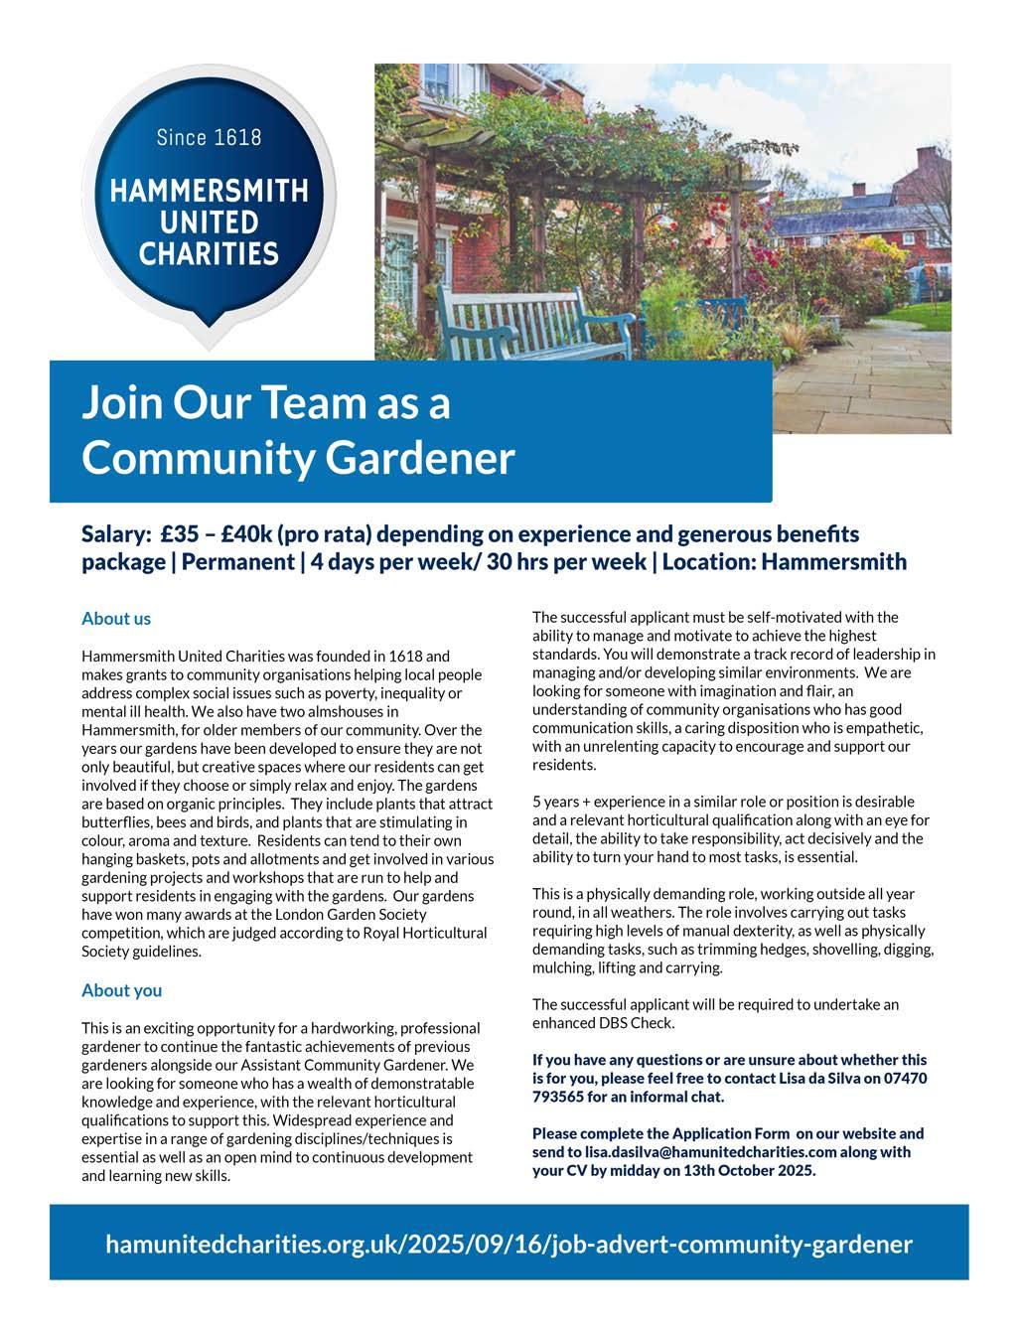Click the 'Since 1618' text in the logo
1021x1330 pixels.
tap(209, 137)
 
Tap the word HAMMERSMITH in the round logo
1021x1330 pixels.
tap(209, 191)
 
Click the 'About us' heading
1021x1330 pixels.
tap(116, 619)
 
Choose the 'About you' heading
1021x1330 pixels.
tap(121, 990)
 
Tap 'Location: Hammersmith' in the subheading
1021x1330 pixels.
tap(784, 562)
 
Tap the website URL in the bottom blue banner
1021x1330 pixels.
tap(509, 1244)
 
